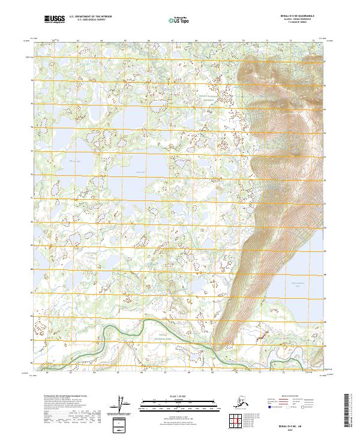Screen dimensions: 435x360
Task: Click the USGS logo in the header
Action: click(x=54, y=20)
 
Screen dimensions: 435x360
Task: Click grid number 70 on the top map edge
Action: click(x=243, y=41)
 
